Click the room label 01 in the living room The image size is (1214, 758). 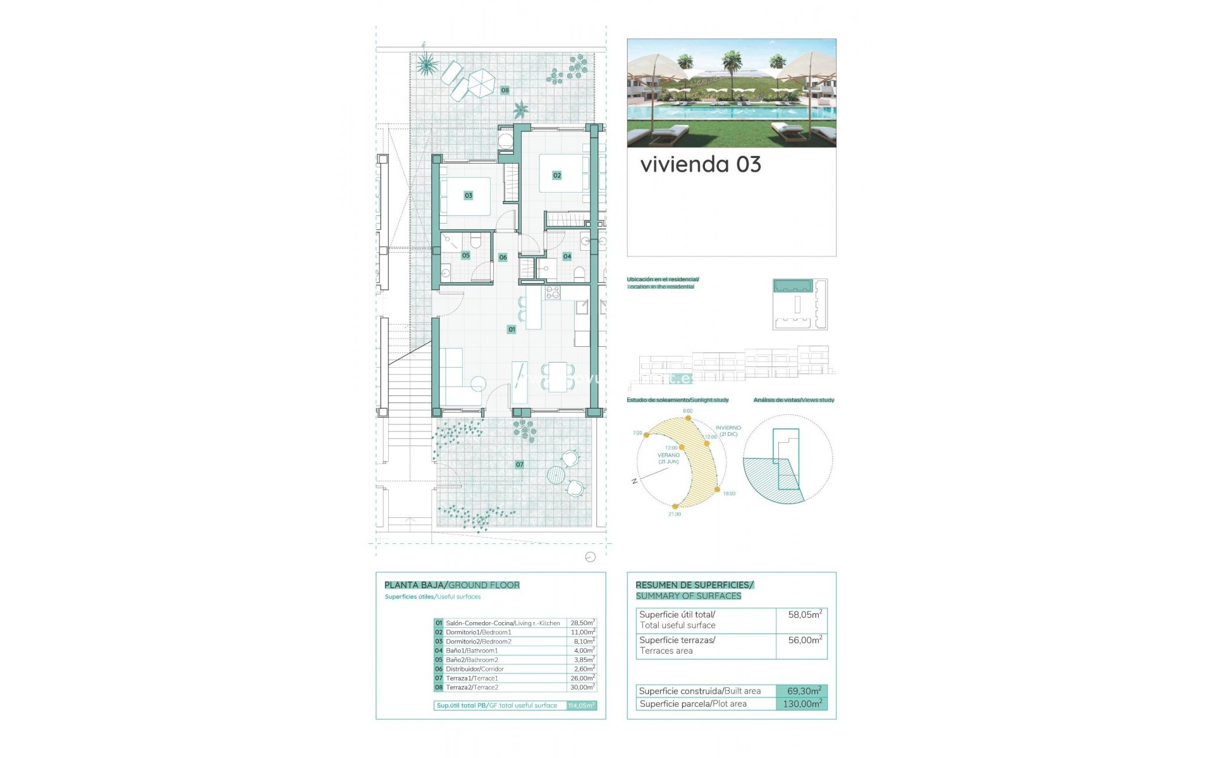512,329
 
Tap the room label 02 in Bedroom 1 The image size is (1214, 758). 556,175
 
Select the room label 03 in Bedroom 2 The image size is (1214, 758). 468,195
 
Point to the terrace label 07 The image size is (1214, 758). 519,464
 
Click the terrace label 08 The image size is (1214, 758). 505,90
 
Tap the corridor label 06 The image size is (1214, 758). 503,257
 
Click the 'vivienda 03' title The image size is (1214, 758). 701,165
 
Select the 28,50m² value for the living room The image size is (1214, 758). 582,623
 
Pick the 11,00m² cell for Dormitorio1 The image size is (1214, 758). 582,632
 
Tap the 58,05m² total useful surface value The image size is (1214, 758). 805,615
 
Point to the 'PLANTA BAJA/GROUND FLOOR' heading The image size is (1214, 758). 452,586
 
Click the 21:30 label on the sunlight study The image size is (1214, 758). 675,514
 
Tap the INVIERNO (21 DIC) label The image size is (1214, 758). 728,431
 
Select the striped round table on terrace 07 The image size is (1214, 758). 556,475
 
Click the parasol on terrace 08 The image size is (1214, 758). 481,83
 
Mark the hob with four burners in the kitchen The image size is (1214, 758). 553,292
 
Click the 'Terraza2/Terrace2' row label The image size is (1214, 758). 472,687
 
